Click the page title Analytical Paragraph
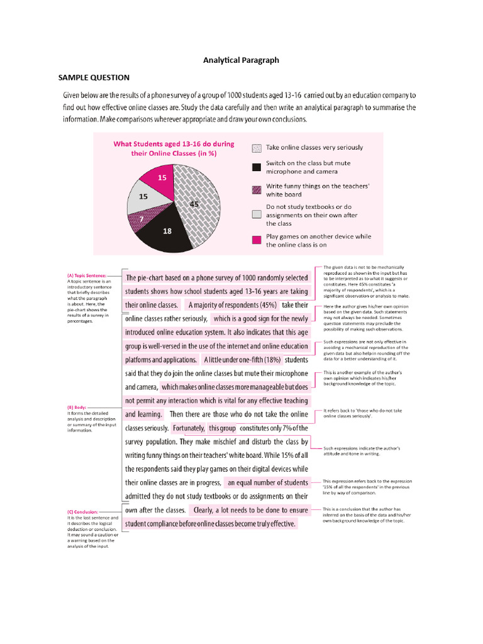pyautogui.click(x=241, y=60)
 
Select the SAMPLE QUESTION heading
pyautogui.click(x=94, y=77)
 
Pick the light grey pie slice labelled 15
pyautogui.click(x=141, y=198)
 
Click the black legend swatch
pyautogui.click(x=255, y=167)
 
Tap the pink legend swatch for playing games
pyautogui.click(x=255, y=240)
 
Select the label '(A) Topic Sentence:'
pyautogui.click(x=87, y=275)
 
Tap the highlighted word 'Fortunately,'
pyautogui.click(x=189, y=428)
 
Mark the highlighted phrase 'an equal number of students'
pyautogui.click(x=268, y=482)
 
